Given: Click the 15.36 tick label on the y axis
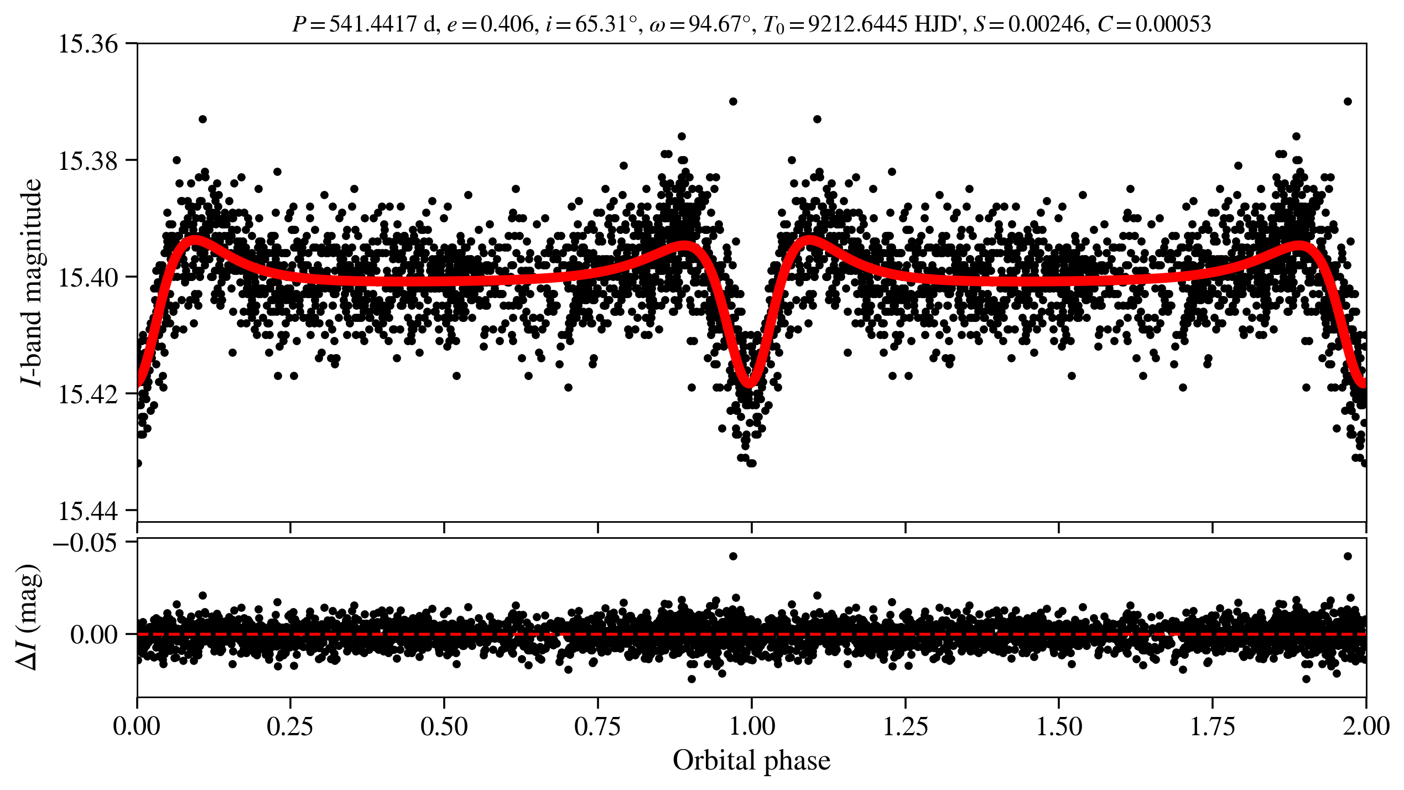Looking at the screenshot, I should click(x=88, y=44).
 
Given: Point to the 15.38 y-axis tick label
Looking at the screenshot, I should click(x=88, y=161).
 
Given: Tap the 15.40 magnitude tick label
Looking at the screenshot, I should click(x=88, y=278).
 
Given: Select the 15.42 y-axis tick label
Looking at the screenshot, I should click(x=88, y=394).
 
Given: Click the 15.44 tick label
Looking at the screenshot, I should click(x=88, y=511).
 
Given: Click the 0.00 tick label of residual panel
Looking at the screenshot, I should click(x=94, y=635).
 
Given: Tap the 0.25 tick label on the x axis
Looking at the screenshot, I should click(x=290, y=726).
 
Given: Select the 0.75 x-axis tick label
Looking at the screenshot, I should click(x=598, y=726).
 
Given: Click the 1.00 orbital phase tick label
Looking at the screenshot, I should click(x=751, y=726).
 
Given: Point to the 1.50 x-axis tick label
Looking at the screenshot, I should click(x=1059, y=726).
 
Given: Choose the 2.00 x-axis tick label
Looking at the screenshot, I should click(x=1365, y=726).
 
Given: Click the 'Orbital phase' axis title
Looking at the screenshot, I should click(x=751, y=761).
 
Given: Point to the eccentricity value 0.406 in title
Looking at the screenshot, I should click(x=506, y=24).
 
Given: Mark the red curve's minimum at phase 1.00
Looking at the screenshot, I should click(x=749, y=383).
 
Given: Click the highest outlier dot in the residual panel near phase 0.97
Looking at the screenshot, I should click(x=733, y=556).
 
